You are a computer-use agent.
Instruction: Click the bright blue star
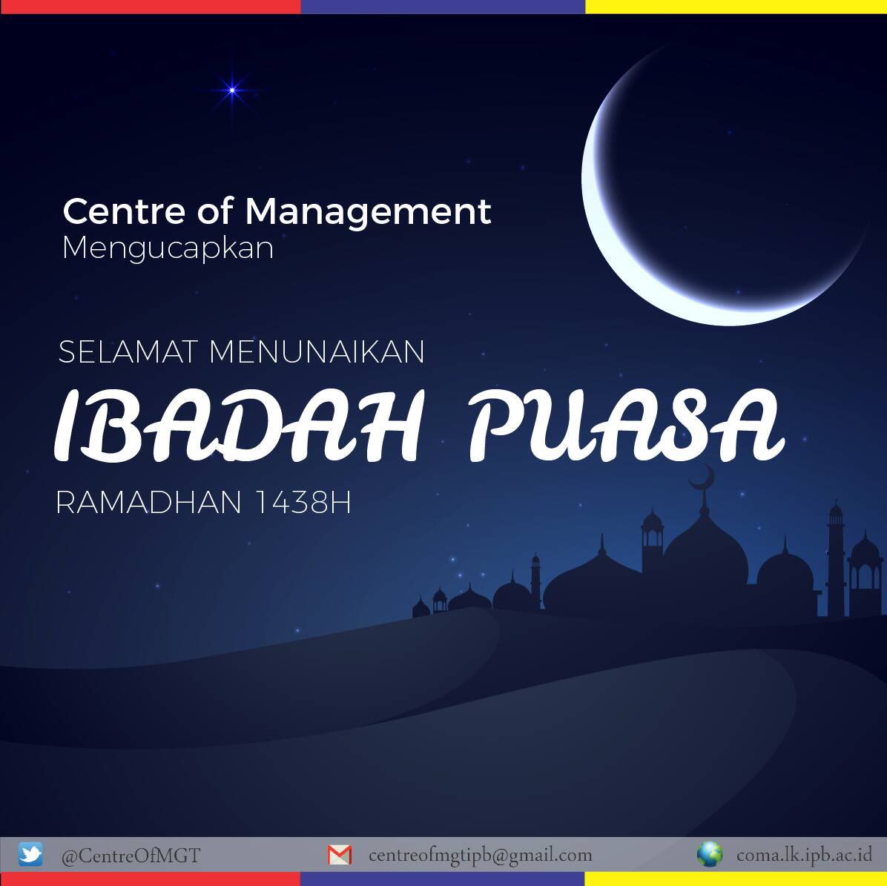[232, 90]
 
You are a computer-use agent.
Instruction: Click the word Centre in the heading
[123, 211]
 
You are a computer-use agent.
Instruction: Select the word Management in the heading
[368, 213]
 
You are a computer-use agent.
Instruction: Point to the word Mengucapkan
[168, 248]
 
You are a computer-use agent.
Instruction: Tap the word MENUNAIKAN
[317, 351]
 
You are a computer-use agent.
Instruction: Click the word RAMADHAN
[148, 503]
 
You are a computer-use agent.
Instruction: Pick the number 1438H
[302, 503]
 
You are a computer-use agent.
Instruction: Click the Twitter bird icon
[30, 854]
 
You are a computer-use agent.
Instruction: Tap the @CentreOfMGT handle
[131, 856]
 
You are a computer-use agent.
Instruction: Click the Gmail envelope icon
[339, 855]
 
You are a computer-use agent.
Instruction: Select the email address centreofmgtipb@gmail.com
[480, 856]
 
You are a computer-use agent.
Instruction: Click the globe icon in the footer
[709, 854]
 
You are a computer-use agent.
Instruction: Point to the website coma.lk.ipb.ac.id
[804, 855]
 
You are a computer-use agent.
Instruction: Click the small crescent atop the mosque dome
[703, 477]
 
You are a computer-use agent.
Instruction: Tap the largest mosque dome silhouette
[705, 552]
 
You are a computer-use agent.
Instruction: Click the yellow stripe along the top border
[736, 6]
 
